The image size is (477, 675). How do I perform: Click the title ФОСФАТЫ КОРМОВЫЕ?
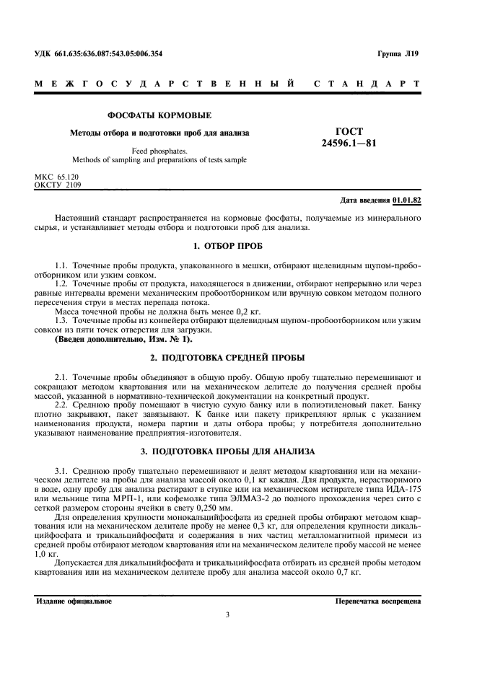click(x=159, y=115)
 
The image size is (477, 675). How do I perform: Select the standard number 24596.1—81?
click(x=349, y=144)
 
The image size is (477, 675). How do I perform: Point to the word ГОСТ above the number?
click(x=349, y=131)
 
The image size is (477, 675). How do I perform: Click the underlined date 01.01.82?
click(x=408, y=199)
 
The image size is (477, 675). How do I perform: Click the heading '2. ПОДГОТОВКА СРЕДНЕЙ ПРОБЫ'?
click(x=238, y=358)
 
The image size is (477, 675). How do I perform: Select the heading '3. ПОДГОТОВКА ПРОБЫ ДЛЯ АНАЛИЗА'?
click(x=238, y=451)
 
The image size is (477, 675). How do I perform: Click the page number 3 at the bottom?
click(x=228, y=615)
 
